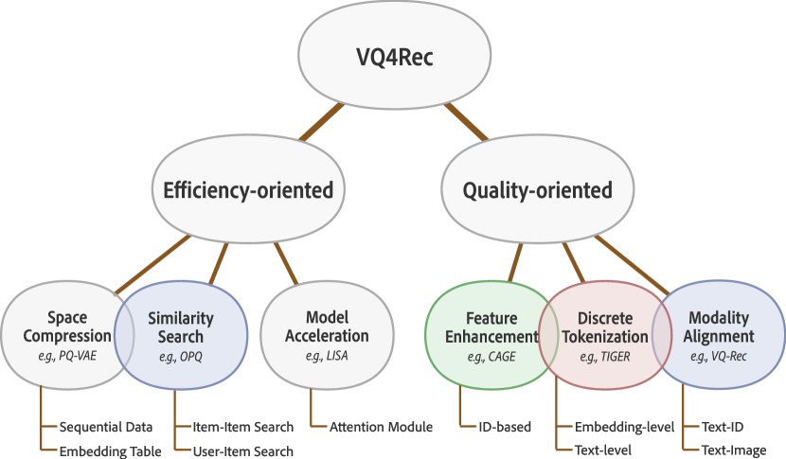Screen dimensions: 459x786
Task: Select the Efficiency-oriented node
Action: pyautogui.click(x=243, y=190)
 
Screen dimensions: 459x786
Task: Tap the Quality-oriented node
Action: pyautogui.click(x=537, y=190)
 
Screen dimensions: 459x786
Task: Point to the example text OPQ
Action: pyautogui.click(x=180, y=358)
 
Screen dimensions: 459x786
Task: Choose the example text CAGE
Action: pyautogui.click(x=489, y=358)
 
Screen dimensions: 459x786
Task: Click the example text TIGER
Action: pyautogui.click(x=593, y=358)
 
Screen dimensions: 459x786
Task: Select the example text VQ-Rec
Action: pyautogui.click(x=718, y=358)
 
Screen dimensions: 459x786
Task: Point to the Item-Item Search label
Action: pyautogui.click(x=242, y=427)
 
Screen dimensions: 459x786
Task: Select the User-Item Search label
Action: pyautogui.click(x=242, y=450)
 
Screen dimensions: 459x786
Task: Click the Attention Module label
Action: pyautogui.click(x=382, y=427)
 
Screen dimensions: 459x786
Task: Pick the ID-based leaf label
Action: pyautogui.click(x=506, y=427)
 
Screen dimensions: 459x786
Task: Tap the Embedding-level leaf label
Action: pyautogui.click(x=625, y=427)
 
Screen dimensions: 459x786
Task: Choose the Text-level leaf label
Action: pyautogui.click(x=603, y=450)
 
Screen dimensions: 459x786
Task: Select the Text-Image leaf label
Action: pyautogui.click(x=734, y=450)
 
